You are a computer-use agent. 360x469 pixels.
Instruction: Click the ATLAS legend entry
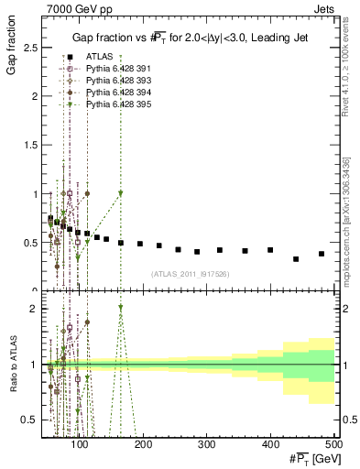100,58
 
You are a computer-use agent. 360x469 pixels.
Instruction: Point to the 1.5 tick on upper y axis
33,145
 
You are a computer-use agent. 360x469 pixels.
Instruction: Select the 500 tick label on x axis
333,445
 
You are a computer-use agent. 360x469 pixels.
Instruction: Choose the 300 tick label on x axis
206,445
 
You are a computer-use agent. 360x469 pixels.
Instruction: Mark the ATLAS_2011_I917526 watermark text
191,274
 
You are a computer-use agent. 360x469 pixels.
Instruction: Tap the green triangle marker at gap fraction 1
120,193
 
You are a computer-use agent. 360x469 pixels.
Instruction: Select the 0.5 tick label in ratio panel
33,420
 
